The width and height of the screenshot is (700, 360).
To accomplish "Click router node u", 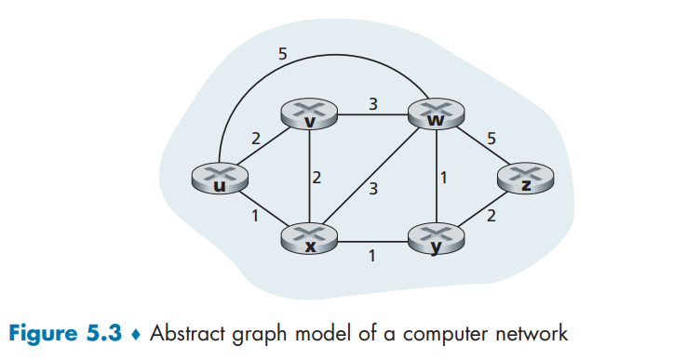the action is (220, 178).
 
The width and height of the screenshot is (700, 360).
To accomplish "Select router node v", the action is (309, 114).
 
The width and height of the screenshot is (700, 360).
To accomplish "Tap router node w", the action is (437, 113).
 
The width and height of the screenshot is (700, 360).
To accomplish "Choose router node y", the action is (437, 239).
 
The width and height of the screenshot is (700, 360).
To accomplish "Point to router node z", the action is (525, 178).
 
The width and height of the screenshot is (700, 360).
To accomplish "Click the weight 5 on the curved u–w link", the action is (283, 54).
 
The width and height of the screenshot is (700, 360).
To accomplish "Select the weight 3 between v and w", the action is (372, 104).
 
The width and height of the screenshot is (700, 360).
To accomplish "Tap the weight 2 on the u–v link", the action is (255, 139).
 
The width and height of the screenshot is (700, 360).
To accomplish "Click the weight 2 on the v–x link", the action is (316, 178).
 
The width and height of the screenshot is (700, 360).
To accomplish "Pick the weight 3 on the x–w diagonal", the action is (373, 189).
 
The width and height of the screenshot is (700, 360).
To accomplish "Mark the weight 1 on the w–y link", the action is (443, 178).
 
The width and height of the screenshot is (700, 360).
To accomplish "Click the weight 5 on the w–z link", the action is (491, 139).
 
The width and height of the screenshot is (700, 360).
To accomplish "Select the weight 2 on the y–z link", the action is (491, 216).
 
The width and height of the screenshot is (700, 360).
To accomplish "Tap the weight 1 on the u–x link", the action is (255, 216).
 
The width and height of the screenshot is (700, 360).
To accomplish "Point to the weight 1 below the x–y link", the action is (372, 256).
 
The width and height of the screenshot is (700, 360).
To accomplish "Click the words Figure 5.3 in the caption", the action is (65, 333).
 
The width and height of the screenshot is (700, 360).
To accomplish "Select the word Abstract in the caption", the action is (187, 333).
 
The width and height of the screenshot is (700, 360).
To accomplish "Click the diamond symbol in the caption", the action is (135, 335).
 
